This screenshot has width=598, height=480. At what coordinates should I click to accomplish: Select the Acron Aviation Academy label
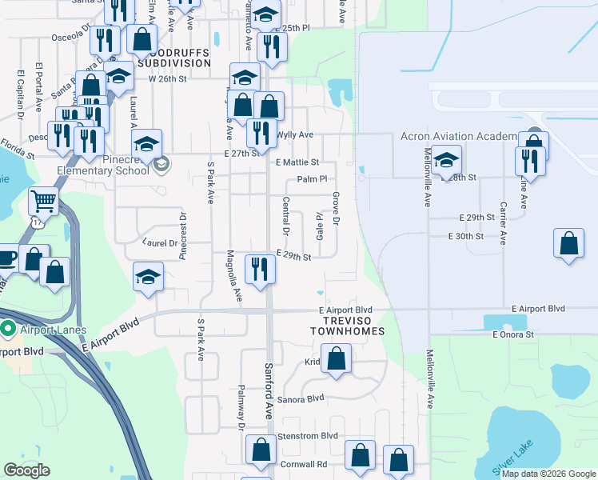pos(458,137)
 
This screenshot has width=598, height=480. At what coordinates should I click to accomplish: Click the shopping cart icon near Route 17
pos(44,201)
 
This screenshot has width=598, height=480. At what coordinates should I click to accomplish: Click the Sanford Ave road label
pos(270,391)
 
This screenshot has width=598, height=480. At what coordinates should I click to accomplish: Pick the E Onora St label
pos(512,334)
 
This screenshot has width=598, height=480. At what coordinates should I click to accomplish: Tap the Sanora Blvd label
pos(301,398)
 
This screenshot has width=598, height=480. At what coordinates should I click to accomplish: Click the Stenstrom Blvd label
pos(307,436)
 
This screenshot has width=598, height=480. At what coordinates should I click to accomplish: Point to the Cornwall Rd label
pos(303,464)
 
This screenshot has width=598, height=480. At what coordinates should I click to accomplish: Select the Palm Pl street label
pos(312,180)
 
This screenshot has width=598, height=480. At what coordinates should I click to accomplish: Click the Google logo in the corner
pos(26,470)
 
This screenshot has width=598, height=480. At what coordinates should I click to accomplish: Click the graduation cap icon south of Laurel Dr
pos(148,277)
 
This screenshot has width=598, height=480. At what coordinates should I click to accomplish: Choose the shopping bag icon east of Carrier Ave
pos(568,243)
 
